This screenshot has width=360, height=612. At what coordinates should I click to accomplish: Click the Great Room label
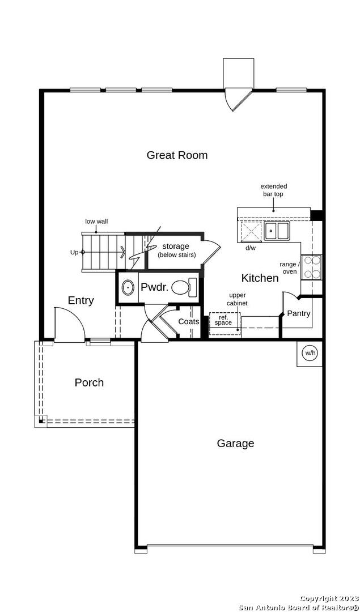[177, 155]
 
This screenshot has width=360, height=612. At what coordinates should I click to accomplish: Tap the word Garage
[235, 443]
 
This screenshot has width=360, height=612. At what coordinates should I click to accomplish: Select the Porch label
[90, 382]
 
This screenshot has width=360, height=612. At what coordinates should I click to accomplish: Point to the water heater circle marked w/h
[310, 353]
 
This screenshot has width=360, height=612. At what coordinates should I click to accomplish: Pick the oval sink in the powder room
[128, 288]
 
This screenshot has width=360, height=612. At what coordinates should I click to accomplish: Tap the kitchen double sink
[277, 230]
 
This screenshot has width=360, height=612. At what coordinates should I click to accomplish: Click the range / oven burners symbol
[311, 267]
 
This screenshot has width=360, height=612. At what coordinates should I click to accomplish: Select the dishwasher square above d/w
[251, 231]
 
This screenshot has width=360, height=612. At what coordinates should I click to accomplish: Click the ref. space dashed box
[225, 324]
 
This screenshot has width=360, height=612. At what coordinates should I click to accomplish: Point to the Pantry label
[299, 313]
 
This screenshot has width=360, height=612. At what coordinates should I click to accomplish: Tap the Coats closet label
[189, 322]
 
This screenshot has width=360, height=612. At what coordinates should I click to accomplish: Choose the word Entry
[81, 300]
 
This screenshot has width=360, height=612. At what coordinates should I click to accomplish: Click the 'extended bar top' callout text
[274, 190]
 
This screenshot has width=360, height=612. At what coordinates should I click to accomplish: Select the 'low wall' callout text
[96, 222]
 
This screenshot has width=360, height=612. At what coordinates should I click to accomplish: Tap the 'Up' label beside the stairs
[74, 253]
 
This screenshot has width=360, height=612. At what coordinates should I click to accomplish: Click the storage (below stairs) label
[176, 250]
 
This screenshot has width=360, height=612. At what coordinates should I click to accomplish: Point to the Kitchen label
[260, 278]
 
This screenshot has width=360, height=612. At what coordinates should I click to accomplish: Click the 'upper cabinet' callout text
[238, 299]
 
